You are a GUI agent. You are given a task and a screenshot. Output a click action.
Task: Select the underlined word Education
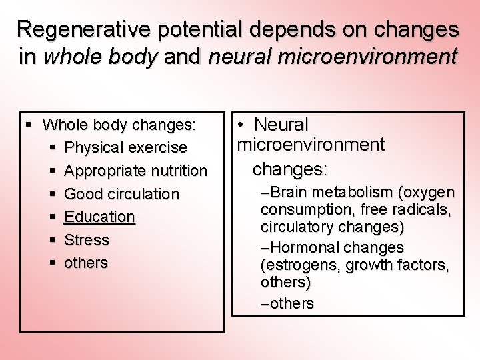pos(99,217)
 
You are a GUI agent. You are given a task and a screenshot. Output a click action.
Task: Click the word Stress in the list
pos(87,239)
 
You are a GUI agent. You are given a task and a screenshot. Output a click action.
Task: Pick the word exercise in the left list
pos(159,147)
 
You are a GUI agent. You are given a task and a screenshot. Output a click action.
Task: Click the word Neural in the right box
pos(281,125)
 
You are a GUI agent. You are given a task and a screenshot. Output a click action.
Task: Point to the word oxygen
pos(430,193)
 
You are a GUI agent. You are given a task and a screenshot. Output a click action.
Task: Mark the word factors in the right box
pos(427,265)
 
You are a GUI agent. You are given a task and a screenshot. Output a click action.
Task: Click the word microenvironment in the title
pos(333,57)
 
